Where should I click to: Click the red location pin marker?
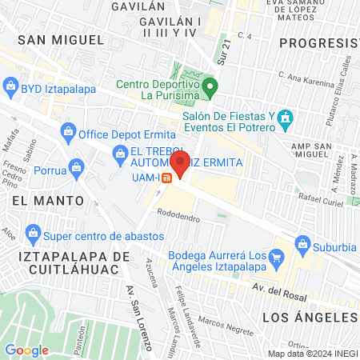(181, 165)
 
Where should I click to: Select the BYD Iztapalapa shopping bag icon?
(11, 84)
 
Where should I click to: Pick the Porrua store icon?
(75, 167)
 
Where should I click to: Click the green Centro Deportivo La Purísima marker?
(210, 86)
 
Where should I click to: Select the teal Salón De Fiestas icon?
(286, 119)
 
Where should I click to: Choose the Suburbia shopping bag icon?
(302, 242)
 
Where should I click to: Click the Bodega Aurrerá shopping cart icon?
(278, 258)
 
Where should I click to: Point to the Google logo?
(26, 350)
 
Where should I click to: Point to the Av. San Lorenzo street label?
(138, 316)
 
